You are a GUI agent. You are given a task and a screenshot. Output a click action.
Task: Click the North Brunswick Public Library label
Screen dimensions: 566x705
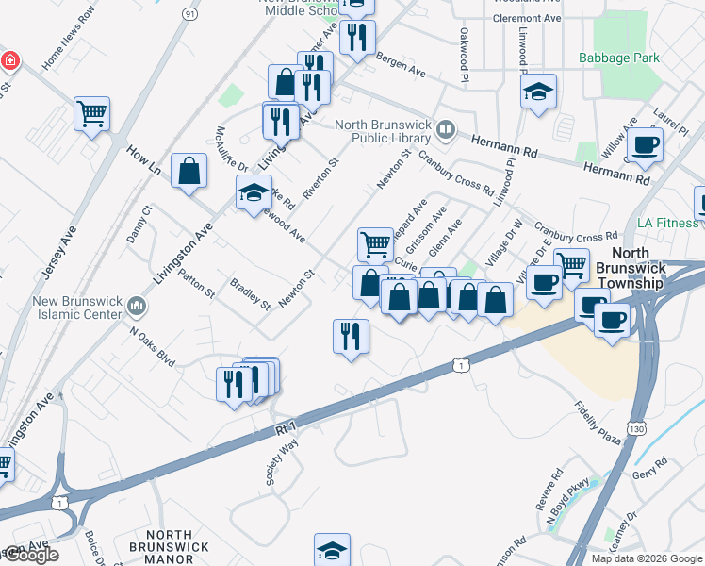point(385,133)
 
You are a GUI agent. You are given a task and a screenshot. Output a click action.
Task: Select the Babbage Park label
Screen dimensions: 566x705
point(619,58)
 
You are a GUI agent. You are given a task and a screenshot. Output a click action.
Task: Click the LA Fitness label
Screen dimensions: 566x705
point(668,223)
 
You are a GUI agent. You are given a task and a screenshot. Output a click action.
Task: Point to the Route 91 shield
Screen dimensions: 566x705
point(190,14)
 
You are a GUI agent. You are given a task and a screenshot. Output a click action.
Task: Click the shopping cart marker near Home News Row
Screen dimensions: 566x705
point(91,114)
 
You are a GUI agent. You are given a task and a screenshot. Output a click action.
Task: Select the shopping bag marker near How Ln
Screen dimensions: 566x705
point(189,172)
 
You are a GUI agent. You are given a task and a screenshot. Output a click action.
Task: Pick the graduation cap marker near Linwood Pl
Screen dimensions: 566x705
point(538,92)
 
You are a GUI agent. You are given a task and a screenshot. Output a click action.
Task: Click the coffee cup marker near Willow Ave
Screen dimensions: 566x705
point(646,144)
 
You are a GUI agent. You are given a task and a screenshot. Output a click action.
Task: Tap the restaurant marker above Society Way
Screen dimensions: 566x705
point(351,336)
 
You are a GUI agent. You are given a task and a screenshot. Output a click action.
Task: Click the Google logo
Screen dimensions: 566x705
point(31,555)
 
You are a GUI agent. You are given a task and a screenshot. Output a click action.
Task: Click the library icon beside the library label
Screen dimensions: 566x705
point(447,127)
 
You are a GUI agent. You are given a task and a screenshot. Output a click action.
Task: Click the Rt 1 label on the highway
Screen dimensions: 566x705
point(287,427)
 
